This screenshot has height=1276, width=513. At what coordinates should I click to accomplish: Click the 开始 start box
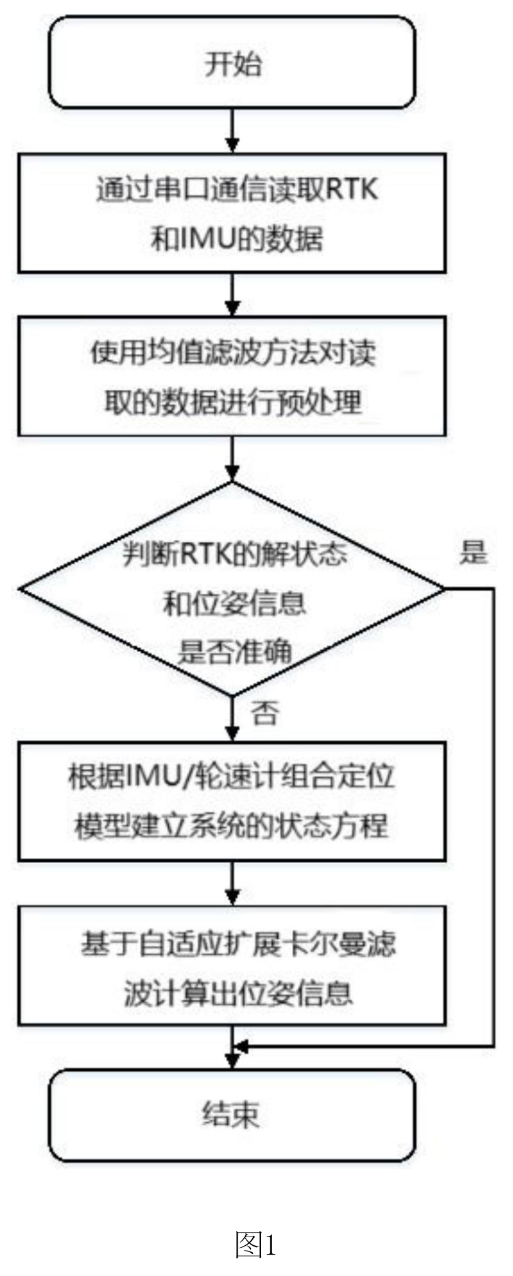click(x=232, y=62)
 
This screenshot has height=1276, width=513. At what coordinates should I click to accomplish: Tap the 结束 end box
click(x=232, y=1115)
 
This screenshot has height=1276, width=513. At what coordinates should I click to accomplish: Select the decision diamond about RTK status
click(x=232, y=589)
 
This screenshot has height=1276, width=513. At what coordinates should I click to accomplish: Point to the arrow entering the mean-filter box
click(x=233, y=294)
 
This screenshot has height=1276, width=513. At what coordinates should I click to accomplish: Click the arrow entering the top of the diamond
click(x=233, y=459)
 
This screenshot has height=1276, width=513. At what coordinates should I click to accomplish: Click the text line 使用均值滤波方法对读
click(x=233, y=353)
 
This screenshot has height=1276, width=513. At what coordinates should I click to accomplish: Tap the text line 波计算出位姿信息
click(x=238, y=993)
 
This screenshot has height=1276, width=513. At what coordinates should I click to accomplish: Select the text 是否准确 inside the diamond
click(x=235, y=652)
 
